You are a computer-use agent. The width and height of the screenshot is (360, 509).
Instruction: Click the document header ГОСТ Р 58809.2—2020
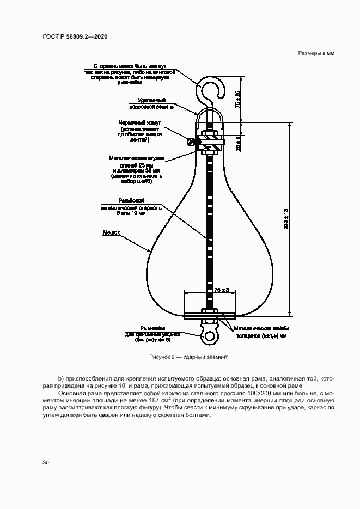[74, 36]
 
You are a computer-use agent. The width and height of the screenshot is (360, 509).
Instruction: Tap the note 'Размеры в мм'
[315, 53]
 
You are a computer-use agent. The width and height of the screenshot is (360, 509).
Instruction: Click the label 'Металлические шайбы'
[261, 329]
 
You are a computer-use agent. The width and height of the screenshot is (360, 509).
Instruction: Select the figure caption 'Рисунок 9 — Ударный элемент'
[188, 357]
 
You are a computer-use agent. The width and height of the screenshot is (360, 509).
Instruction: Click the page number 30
[46, 462]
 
